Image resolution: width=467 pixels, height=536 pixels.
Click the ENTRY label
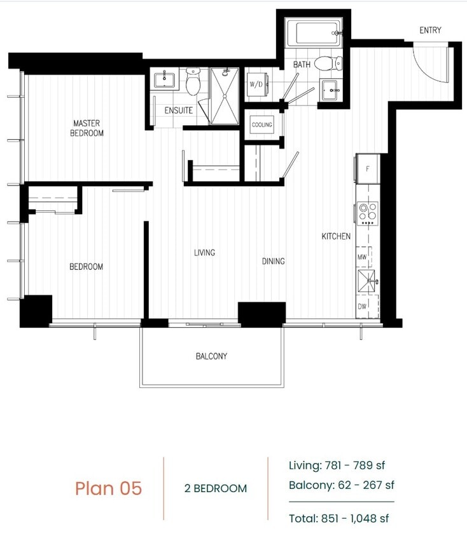[430, 30]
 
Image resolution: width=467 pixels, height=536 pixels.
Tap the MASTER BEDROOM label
[88, 128]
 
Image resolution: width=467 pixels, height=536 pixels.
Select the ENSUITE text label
[178, 111]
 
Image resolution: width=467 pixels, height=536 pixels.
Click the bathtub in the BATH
[313, 33]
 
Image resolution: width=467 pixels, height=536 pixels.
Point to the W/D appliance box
[257, 84]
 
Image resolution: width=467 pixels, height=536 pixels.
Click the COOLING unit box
[261, 124]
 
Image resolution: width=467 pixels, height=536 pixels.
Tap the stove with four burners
[367, 213]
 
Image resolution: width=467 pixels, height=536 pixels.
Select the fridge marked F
[367, 169]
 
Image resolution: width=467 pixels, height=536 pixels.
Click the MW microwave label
[362, 257]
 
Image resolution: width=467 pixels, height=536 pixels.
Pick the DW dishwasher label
[362, 306]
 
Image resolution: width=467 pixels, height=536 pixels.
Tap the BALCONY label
[211, 356]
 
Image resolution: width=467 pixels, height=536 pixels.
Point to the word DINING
[273, 261]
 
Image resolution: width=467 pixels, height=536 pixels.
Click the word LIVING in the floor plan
[204, 252]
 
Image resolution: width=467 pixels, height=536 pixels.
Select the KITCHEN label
[335, 236]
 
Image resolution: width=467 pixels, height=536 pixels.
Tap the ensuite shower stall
[224, 96]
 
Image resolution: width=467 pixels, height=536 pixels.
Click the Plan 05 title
[108, 488]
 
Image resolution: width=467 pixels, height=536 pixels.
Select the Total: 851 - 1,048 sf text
[338, 518]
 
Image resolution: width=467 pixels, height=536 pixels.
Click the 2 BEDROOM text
[215, 488]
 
